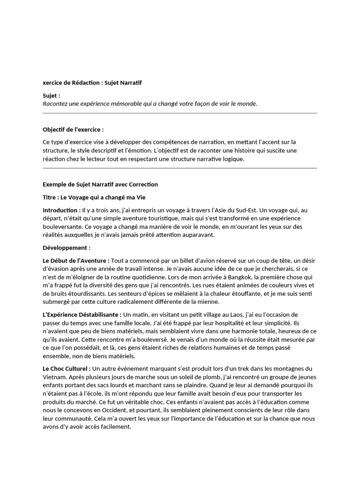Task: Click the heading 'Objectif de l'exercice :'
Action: pyautogui.click(x=73, y=129)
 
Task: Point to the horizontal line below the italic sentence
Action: pyautogui.click(x=180, y=113)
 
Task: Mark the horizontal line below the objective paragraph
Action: pyautogui.click(x=180, y=168)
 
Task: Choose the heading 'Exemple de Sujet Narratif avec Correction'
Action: pyautogui.click(x=100, y=184)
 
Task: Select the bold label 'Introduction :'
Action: pyautogui.click(x=61, y=210)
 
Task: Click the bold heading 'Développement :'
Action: pyautogui.click(x=67, y=248)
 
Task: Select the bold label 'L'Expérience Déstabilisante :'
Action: pyautogui.click(x=82, y=315)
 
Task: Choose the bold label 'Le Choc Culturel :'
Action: pyautogui.click(x=67, y=368)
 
